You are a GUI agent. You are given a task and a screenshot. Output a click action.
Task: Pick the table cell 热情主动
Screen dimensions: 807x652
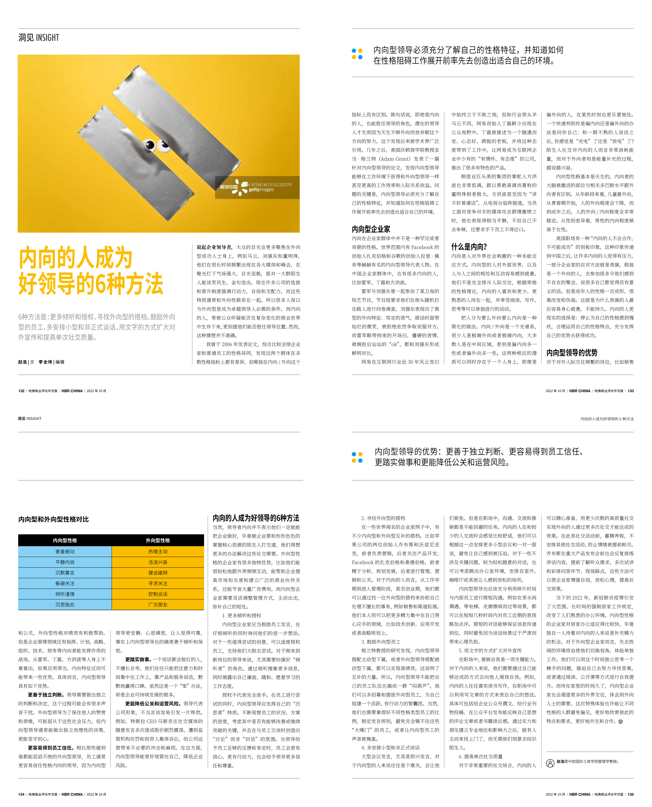[158, 552]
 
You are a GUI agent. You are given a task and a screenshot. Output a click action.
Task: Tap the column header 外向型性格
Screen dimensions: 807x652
[158, 540]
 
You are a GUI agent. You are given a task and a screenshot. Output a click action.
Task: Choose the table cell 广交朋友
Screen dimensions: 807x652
[158, 604]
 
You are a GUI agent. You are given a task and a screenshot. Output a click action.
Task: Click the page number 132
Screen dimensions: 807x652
[21, 391]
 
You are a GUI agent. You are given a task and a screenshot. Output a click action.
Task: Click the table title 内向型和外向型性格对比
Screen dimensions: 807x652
[53, 519]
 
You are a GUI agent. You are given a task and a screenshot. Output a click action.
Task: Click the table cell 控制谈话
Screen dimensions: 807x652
[158, 594]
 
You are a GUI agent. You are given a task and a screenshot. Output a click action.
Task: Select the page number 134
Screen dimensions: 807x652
[21, 794]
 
